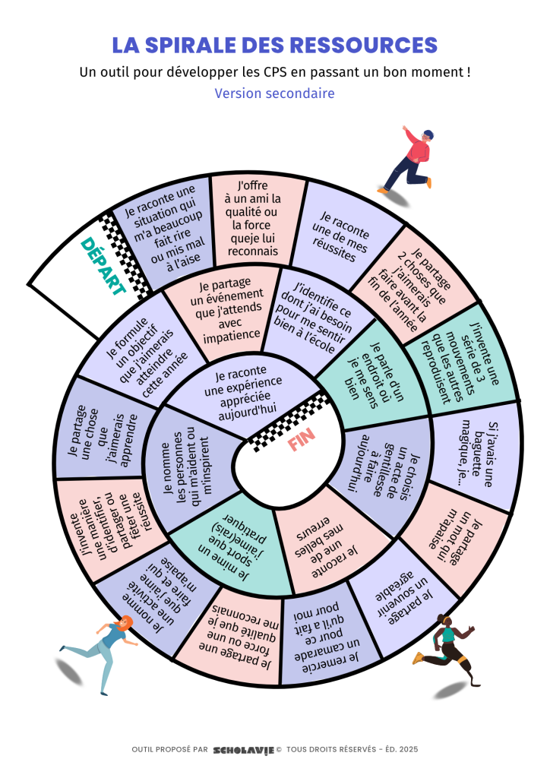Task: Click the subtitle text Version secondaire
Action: point(274,93)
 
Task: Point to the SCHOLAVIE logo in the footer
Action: point(243,749)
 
